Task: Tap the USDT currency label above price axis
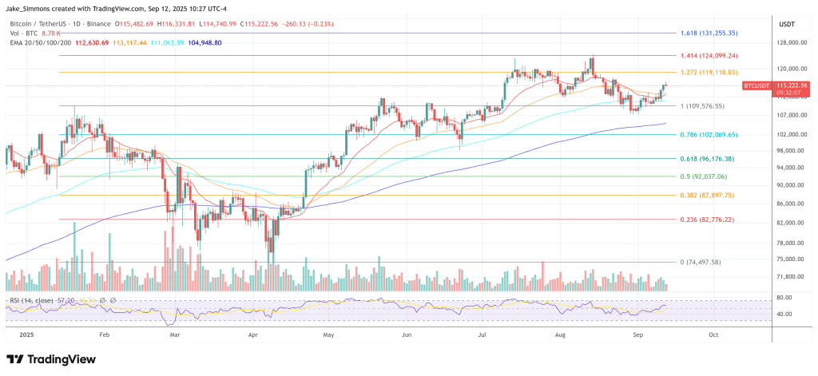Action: [x=787, y=24]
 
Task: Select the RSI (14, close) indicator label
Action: [x=31, y=300]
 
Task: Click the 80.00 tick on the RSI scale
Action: [x=784, y=298]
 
